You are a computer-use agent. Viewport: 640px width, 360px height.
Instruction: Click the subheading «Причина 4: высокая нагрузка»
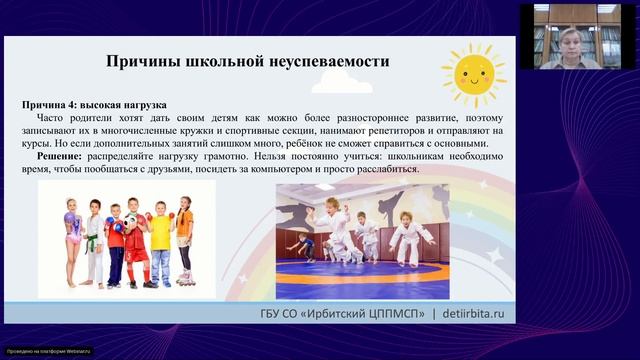95,105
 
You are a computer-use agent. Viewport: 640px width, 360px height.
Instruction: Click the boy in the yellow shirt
161,240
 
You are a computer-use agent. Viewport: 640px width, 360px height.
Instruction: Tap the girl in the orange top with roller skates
184,240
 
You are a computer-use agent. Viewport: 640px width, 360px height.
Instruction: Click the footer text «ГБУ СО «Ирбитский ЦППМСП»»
340,314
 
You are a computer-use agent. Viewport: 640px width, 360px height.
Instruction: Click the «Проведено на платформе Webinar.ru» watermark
48,351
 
